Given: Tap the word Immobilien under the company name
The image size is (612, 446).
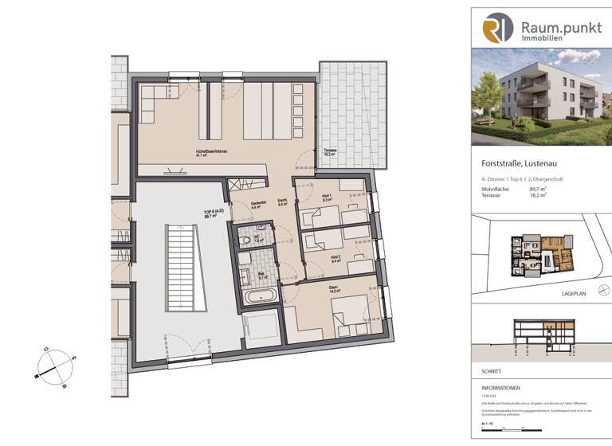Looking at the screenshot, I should [542, 37].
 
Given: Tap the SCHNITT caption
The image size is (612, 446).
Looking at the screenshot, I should [481, 371].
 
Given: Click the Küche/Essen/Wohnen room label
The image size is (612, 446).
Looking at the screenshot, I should [195, 153].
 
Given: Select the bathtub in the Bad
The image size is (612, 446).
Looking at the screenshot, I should [261, 296].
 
